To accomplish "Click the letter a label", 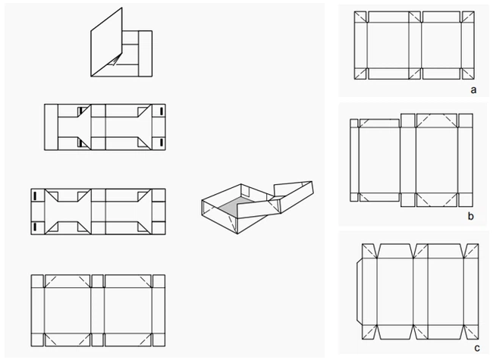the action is pyautogui.click(x=473, y=90).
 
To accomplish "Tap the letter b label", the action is pyautogui.click(x=471, y=216).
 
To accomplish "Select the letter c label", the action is pyautogui.click(x=477, y=348).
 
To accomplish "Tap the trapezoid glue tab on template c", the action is pyautogui.click(x=359, y=293).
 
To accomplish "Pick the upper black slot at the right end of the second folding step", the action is pyautogui.click(x=162, y=111).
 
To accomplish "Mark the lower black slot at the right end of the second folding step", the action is pyautogui.click(x=162, y=142).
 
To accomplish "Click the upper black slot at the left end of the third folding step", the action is pyautogui.click(x=35, y=196).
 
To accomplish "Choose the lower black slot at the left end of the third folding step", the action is pyautogui.click(x=35, y=227).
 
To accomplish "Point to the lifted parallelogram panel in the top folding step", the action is pyautogui.click(x=107, y=42).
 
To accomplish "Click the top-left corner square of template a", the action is pyautogui.click(x=360, y=17).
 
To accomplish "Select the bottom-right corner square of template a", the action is pyautogui.click(x=468, y=74).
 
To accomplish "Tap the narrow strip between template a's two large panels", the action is pyautogui.click(x=415, y=45).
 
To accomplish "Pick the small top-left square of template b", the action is pyautogui.click(x=354, y=123).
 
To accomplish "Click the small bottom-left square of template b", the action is pyautogui.click(x=354, y=197).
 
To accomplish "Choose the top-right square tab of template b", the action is pyautogui.click(x=466, y=121).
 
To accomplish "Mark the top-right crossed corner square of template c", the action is pyautogui.click(x=471, y=251).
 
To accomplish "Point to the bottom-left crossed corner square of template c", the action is pyautogui.click(x=369, y=333).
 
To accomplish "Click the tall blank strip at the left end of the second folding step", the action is pyautogui.click(x=52, y=127).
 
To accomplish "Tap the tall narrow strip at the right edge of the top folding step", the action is pyautogui.click(x=146, y=53).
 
